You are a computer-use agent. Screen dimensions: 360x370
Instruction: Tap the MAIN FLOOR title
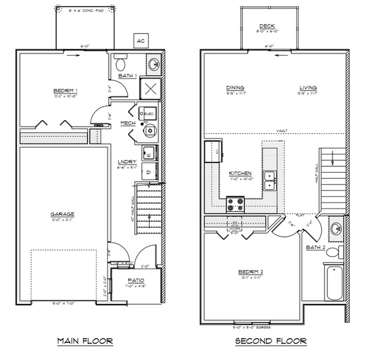pos(85,341)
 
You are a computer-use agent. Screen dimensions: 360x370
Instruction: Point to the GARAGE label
pos(66,214)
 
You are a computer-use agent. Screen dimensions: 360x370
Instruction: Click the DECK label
pos(267,26)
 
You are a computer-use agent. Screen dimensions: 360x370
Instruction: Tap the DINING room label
pos(235,88)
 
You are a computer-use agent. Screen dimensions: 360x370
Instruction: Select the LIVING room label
pos(308,88)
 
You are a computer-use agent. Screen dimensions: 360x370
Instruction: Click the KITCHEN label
pos(240,173)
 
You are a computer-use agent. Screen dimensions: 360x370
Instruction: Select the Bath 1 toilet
pos(120,61)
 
